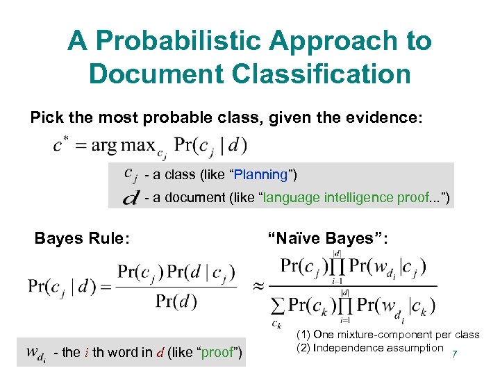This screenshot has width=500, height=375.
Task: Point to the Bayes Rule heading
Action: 82,238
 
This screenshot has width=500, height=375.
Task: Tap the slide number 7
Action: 454,354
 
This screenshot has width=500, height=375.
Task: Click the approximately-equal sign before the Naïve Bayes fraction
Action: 258,285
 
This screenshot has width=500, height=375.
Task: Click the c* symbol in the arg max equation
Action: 61,146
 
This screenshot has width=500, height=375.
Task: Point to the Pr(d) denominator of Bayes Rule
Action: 176,301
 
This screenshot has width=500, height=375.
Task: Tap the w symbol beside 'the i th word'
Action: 37,353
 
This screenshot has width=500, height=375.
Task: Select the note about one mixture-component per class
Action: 387,335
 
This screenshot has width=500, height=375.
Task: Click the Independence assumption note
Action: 378,348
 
